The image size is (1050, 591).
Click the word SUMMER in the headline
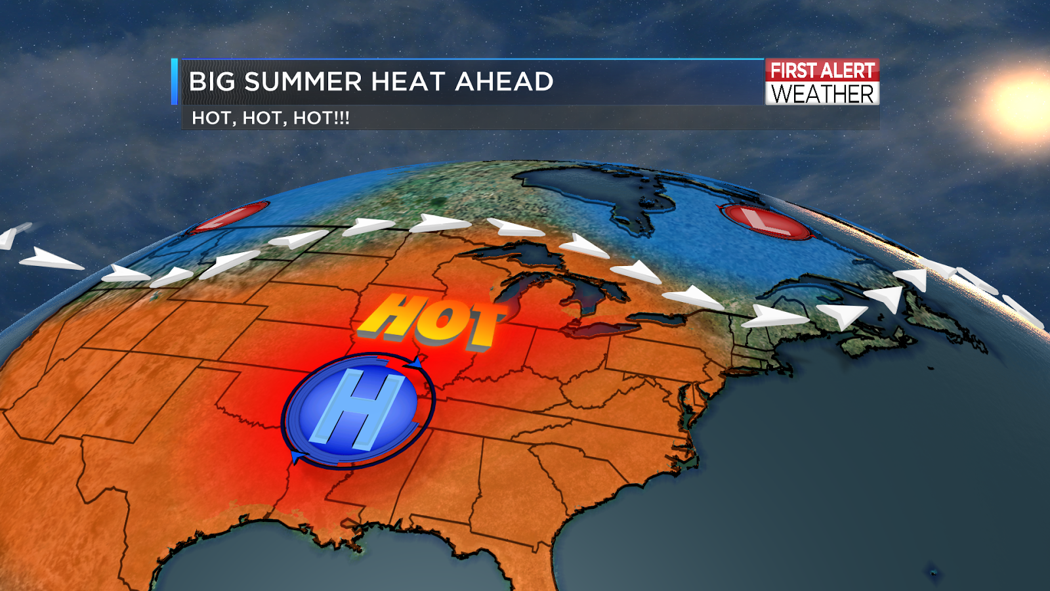click(303, 82)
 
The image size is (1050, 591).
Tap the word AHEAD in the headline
click(504, 82)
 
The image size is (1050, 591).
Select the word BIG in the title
click(211, 82)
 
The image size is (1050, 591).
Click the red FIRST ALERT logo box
click(822, 70)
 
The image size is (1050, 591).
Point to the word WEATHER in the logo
click(822, 94)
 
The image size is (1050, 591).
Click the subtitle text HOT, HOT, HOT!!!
click(270, 118)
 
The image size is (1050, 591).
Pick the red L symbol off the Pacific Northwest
click(230, 217)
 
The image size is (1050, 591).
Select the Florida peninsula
click(499, 565)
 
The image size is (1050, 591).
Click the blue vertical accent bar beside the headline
click(175, 81)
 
